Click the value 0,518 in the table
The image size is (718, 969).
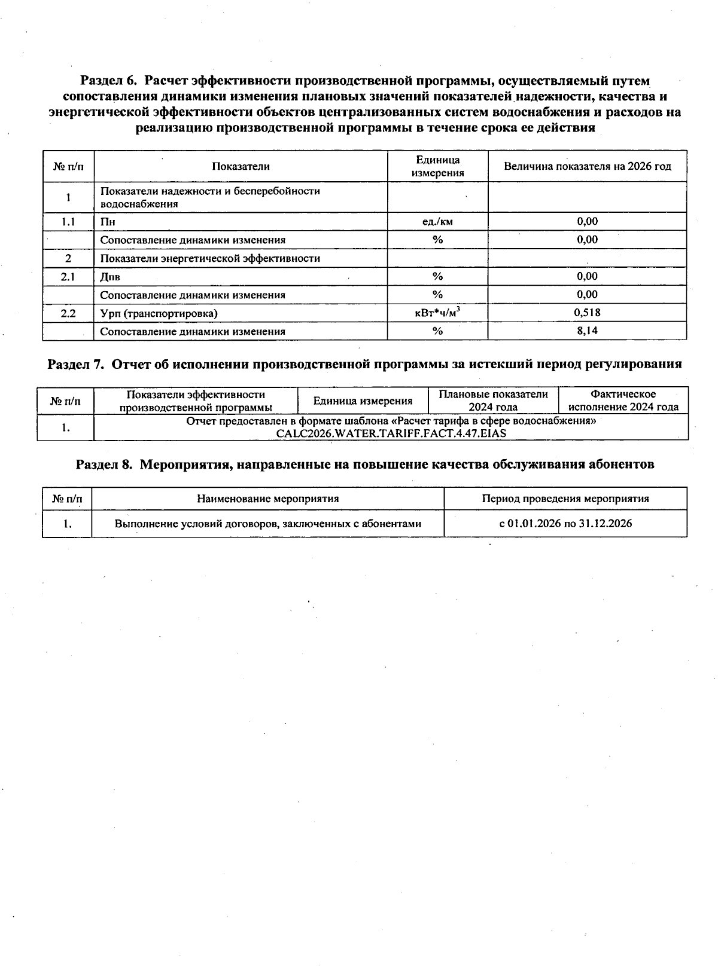click(587, 313)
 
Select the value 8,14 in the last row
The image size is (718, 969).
click(587, 331)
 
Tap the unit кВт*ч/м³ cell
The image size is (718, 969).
click(438, 313)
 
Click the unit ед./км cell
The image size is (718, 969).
click(438, 221)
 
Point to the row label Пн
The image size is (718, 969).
click(108, 222)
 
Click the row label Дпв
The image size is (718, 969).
click(110, 277)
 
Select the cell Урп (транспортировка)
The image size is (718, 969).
click(159, 313)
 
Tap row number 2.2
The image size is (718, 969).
click(68, 313)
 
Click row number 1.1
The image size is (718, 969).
click(68, 222)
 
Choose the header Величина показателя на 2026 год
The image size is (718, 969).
click(587, 166)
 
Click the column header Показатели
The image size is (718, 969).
click(241, 166)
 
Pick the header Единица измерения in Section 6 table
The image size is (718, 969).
click(438, 166)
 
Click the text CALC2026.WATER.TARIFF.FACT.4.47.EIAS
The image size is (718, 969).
click(391, 433)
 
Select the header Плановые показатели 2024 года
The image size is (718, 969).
click(493, 401)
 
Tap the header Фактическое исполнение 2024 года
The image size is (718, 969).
click(623, 401)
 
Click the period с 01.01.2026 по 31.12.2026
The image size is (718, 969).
click(565, 524)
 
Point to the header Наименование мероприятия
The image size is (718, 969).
click(268, 499)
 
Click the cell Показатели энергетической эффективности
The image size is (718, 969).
click(210, 258)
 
